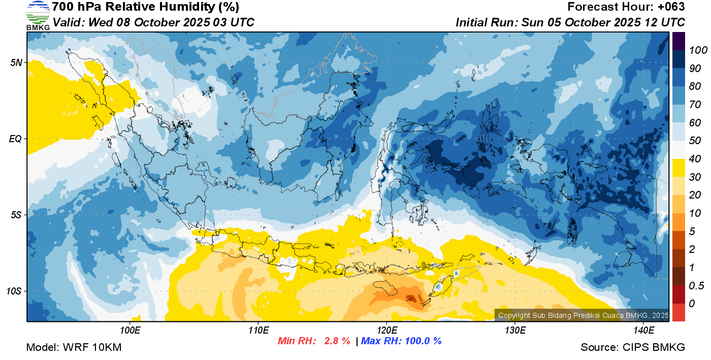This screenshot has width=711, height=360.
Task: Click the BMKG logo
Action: pyautogui.click(x=38, y=16)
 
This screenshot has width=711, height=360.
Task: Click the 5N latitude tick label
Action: pyautogui.click(x=16, y=62)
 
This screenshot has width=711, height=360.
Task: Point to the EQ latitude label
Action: pyautogui.click(x=15, y=139)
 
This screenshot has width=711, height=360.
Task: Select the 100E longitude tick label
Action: pyautogui.click(x=130, y=330)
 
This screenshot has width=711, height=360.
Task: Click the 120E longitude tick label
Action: pyautogui.click(x=386, y=330)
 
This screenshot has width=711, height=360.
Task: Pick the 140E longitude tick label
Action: pyautogui.click(x=643, y=330)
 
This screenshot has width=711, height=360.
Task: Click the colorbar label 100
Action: pyautogui.click(x=698, y=50)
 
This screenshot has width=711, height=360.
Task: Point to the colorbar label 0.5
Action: pyautogui.click(x=696, y=286)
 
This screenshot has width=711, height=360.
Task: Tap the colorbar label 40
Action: pyautogui.click(x=695, y=159)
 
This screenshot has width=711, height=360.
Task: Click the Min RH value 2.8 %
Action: pyautogui.click(x=337, y=341)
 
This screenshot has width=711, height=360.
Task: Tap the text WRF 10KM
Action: pyautogui.click(x=92, y=347)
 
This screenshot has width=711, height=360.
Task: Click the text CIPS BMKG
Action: pyautogui.click(x=654, y=347)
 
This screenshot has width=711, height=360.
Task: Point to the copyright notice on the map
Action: pyautogui.click(x=584, y=315)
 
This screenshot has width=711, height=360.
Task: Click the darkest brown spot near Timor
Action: pyautogui.click(x=411, y=299)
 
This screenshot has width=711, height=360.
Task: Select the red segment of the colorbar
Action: pyautogui.click(x=678, y=312)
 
